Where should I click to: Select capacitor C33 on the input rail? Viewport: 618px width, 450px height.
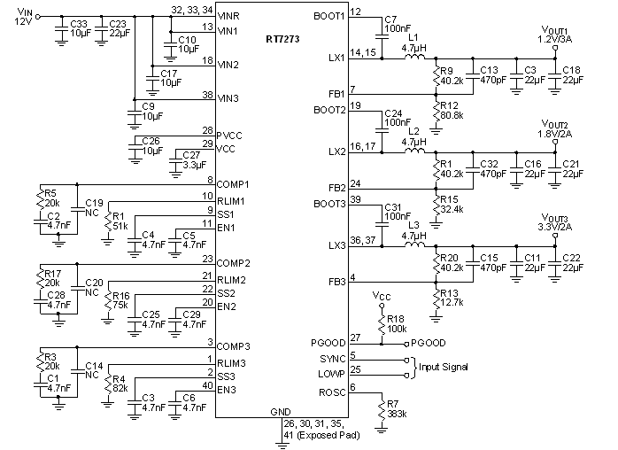tap(61, 32)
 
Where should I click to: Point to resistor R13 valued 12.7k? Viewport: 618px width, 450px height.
tap(436, 299)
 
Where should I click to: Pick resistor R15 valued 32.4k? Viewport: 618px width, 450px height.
tap(436, 204)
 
